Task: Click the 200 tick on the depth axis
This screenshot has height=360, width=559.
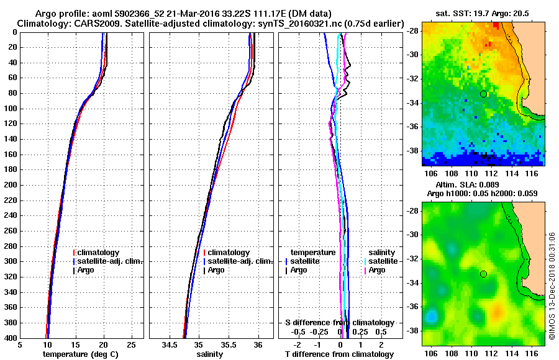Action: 12,185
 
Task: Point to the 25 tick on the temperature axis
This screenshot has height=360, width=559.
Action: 131,344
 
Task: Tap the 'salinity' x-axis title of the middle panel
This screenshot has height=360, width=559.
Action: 209,354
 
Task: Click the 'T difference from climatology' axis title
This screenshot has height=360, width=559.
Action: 340,354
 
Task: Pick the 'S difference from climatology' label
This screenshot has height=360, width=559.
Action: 340,323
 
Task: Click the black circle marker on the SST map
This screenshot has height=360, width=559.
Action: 483,94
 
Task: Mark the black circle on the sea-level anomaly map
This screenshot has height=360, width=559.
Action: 483,274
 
